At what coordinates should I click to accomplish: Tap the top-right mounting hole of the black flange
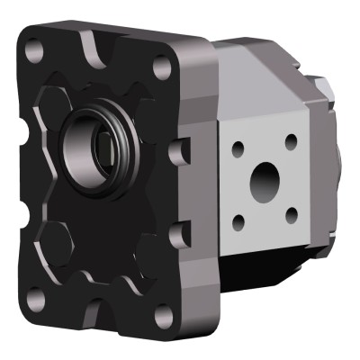pos(161,67)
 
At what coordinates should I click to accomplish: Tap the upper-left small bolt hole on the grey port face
pos(238,147)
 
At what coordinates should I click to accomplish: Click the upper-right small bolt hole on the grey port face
pos(291,140)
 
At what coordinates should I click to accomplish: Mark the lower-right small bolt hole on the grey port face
pos(291,213)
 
